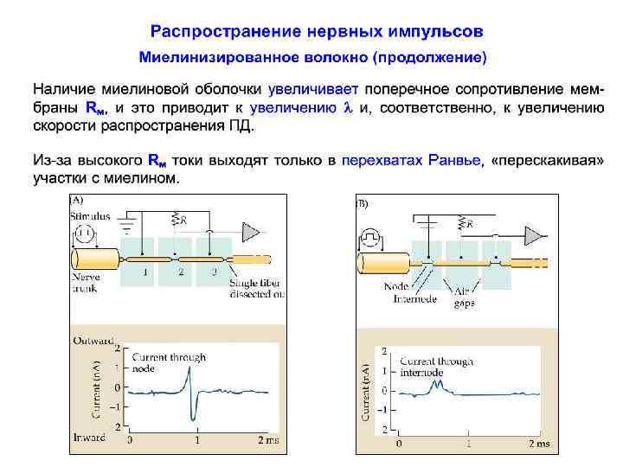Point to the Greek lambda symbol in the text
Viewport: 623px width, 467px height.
point(349,108)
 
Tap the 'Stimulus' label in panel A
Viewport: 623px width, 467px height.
point(90,216)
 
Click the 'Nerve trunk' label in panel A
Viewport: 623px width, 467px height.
point(86,283)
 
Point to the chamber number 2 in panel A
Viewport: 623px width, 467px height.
point(181,272)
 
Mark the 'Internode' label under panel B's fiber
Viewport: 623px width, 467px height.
point(415,299)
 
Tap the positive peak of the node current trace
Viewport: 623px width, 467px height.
point(189,369)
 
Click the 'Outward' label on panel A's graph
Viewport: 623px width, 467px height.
point(93,341)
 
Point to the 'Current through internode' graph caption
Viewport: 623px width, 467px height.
point(435,367)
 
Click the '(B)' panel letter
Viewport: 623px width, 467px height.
point(362,204)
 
